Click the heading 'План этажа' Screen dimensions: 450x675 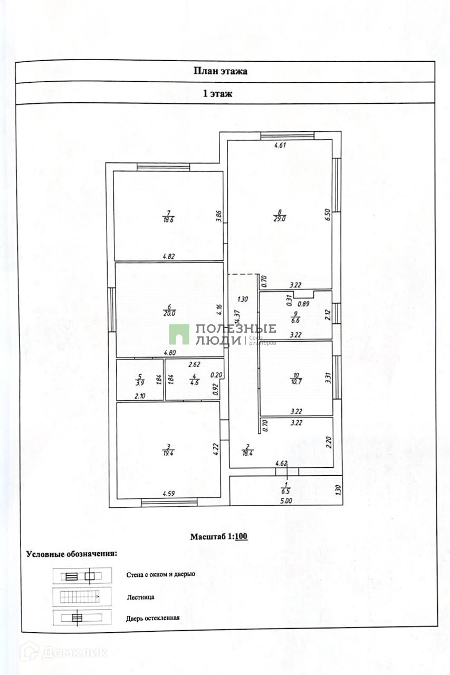(221, 71)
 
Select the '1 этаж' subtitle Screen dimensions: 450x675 (218, 94)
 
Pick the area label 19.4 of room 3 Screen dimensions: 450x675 (168, 453)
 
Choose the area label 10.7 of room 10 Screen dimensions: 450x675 (295, 381)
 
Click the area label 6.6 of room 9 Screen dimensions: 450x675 (296, 320)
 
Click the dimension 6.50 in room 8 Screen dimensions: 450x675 (327, 215)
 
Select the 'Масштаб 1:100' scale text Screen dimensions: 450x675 (219, 537)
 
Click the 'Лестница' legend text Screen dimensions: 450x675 (140, 597)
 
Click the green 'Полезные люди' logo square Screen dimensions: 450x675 (179, 334)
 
